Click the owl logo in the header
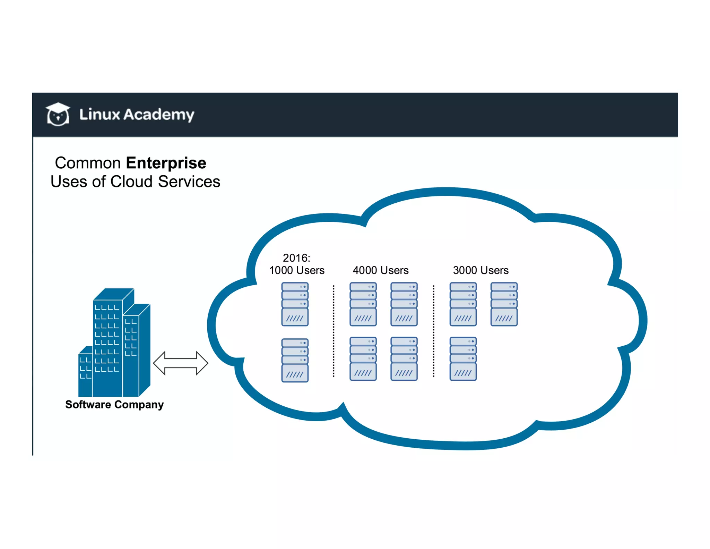pos(58,114)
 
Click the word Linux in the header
pos(99,114)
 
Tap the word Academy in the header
pos(159,115)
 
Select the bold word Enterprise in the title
pos(166,163)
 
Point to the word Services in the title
pos(189,181)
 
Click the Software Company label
pos(114,405)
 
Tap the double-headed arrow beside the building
pos(181,363)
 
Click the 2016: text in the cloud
pos(296,258)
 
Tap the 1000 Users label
pos(297,270)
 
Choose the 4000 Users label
pos(380,270)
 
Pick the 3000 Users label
pos(480,270)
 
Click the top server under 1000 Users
pos(295,304)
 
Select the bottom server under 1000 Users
pos(295,360)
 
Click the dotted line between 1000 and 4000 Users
pos(334,331)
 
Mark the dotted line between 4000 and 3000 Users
pos(433,331)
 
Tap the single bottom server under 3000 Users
pos(463,359)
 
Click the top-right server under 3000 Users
pos(504,304)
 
